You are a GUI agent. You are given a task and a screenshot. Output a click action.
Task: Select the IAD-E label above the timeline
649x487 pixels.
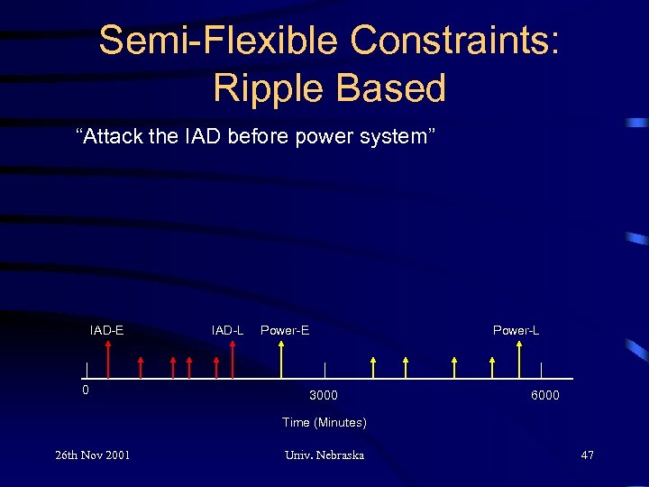(106, 330)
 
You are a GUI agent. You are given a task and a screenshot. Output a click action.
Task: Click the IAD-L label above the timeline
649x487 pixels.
(227, 330)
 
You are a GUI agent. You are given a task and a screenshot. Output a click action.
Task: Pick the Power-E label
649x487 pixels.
(285, 330)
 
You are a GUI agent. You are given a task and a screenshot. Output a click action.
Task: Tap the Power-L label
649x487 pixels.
(516, 330)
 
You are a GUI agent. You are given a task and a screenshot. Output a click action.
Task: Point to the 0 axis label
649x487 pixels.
(86, 391)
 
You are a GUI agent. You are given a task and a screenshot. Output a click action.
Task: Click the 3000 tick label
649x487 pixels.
(324, 395)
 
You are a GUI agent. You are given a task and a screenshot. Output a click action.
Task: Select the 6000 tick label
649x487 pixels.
(544, 395)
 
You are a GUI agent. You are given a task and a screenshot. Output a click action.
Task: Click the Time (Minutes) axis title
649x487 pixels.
(324, 422)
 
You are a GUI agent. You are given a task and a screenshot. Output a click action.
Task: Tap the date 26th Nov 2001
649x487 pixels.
(93, 455)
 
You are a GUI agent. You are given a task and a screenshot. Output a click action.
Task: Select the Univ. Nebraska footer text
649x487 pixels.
(324, 455)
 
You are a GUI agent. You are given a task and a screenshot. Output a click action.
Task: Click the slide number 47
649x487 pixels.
(587, 455)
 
